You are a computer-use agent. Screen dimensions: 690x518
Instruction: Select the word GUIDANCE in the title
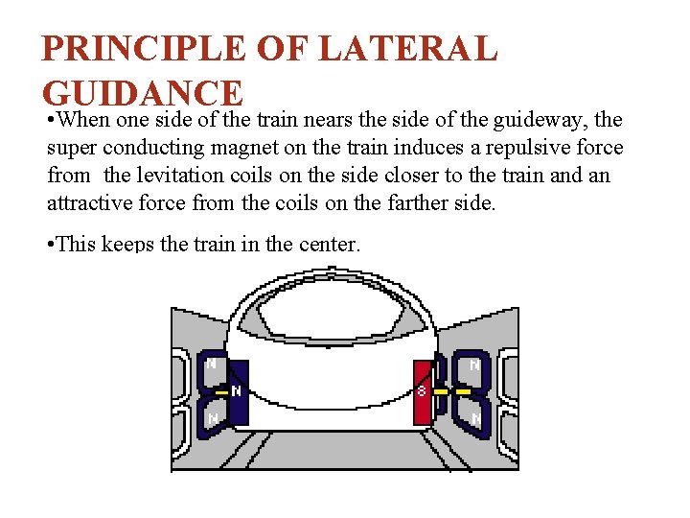(x=143, y=93)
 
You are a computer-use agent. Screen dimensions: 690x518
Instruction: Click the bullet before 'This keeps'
(x=51, y=244)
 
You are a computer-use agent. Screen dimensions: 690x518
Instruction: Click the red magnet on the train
(x=423, y=390)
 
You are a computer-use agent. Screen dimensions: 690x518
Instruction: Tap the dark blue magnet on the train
(x=239, y=391)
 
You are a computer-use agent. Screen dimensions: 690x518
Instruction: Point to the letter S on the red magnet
(x=421, y=391)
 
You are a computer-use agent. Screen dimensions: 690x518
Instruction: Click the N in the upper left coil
(x=211, y=365)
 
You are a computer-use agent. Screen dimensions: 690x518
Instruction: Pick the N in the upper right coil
(x=473, y=365)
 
